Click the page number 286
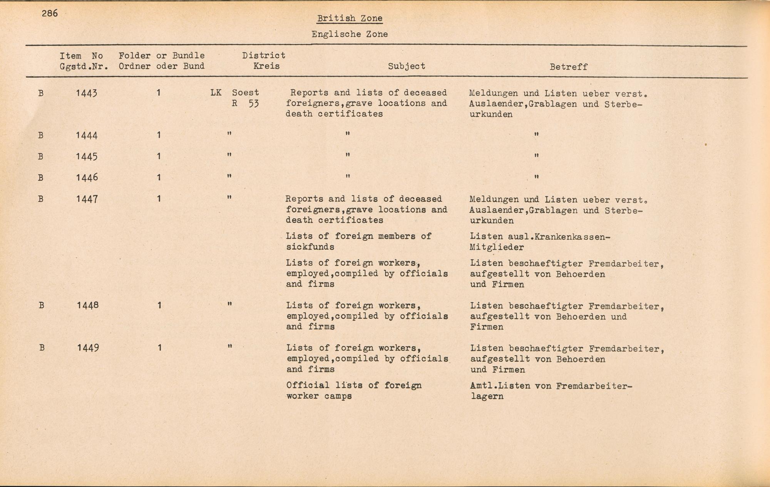point(50,13)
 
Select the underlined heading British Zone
point(350,18)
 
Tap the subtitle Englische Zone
point(350,34)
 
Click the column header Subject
point(407,66)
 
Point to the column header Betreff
point(568,67)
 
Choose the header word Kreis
point(266,66)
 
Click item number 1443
point(87,93)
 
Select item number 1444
point(87,135)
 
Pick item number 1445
point(87,157)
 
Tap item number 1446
point(87,177)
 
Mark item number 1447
point(87,199)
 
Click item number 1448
point(87,305)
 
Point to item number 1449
point(88,348)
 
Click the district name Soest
point(245,93)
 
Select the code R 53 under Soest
point(245,103)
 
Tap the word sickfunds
point(310,247)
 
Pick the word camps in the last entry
point(338,396)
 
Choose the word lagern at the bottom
point(487,397)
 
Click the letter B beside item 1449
point(42,348)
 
